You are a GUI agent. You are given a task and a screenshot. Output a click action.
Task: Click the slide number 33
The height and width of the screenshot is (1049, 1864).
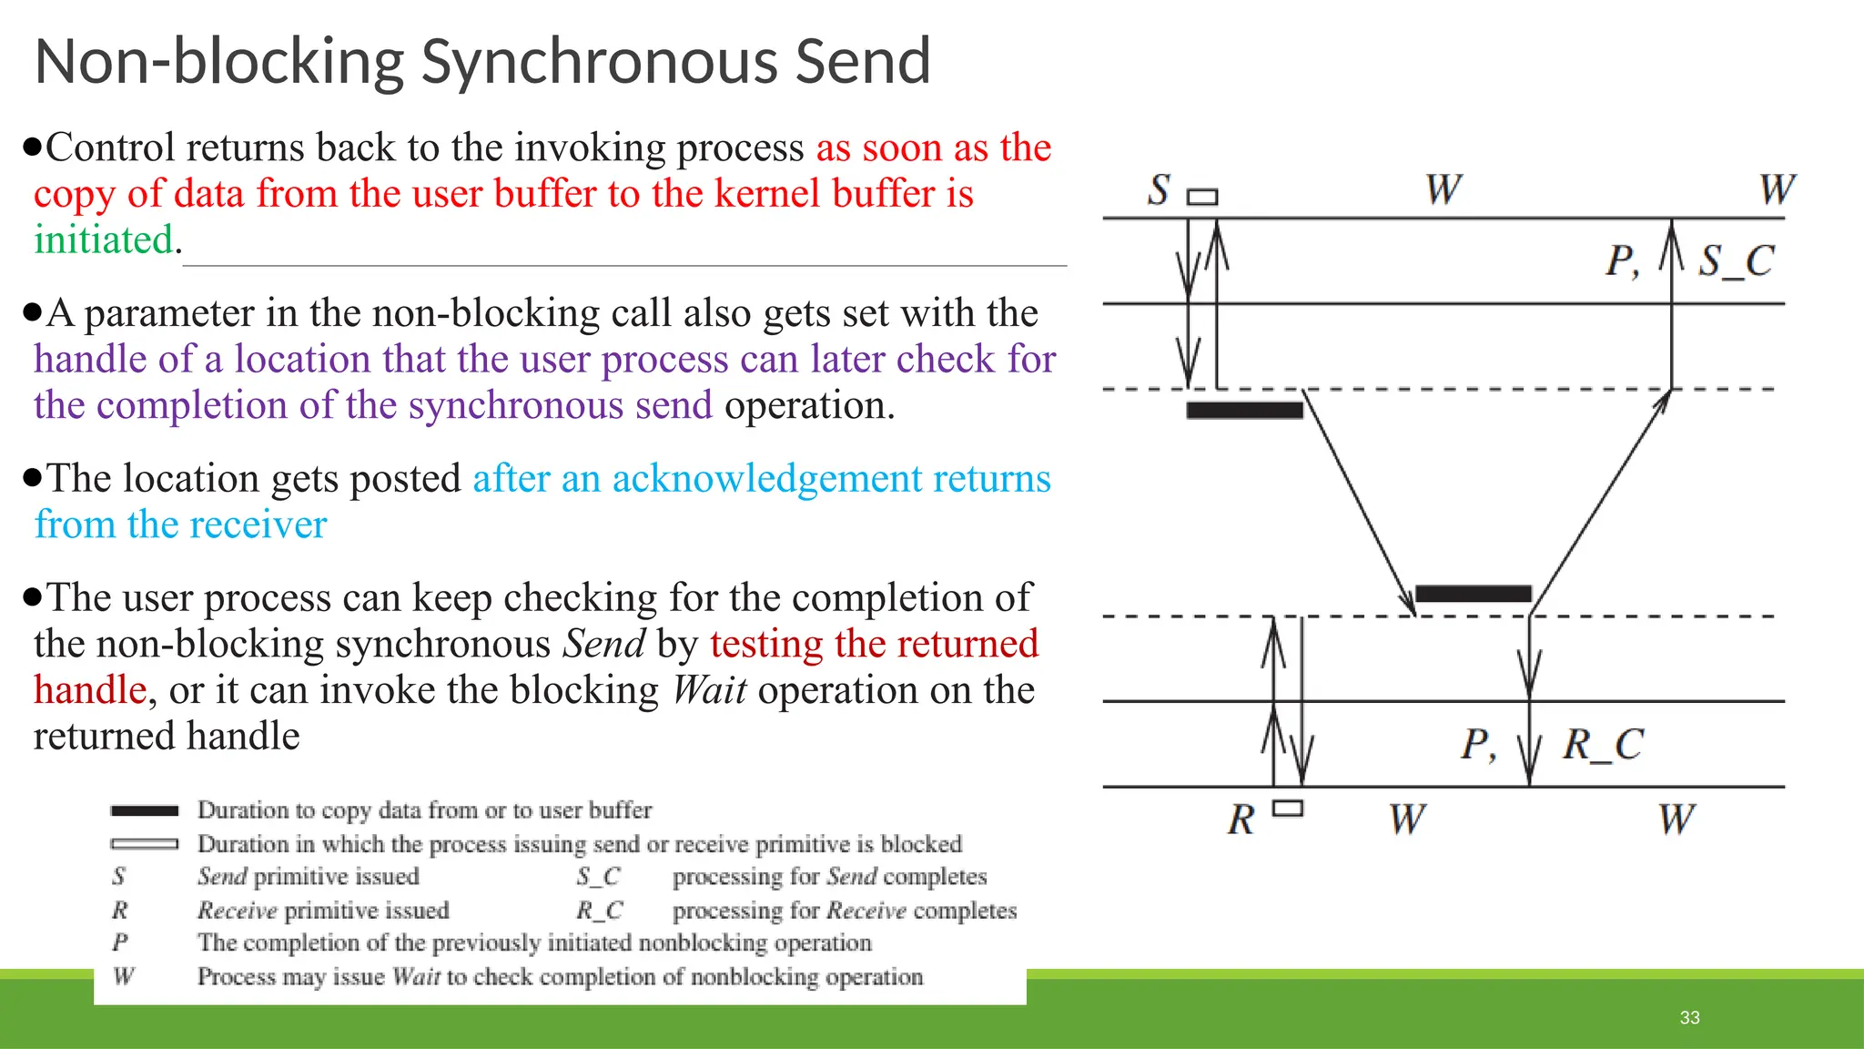(1689, 1017)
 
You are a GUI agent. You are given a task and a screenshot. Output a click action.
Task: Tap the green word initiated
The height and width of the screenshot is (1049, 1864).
(104, 240)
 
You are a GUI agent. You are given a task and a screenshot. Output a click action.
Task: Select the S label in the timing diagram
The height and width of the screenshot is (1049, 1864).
(1158, 190)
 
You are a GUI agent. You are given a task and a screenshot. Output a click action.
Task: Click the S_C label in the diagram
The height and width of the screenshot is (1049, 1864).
(1737, 261)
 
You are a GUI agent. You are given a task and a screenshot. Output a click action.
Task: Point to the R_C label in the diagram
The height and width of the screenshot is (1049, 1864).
(1603, 745)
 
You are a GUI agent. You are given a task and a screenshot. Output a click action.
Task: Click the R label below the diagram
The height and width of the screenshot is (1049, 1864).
(1241, 820)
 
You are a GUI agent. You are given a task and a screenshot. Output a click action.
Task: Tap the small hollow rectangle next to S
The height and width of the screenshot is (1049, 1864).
(1202, 197)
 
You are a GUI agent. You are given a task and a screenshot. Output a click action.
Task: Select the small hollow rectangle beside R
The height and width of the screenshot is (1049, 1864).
(1288, 808)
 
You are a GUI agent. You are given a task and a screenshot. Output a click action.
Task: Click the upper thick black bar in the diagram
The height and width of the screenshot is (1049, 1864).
(1244, 410)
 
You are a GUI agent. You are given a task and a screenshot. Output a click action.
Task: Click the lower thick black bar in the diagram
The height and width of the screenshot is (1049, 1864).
(1473, 594)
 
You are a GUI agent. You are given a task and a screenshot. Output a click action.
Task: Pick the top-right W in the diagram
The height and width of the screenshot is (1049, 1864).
(1777, 190)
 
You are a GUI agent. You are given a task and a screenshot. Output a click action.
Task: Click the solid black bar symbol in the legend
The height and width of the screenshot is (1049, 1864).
(144, 810)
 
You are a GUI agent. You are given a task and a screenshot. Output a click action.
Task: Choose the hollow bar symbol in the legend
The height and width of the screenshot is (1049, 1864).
(144, 844)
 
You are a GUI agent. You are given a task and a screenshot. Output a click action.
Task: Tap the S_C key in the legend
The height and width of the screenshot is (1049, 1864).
(598, 877)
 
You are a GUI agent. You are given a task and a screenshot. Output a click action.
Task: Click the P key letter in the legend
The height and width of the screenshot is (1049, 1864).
(120, 942)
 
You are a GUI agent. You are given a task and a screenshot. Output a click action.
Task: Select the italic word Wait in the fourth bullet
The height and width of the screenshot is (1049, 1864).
(709, 690)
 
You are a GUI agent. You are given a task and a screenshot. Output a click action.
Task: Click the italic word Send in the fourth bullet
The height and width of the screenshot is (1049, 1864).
(604, 645)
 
